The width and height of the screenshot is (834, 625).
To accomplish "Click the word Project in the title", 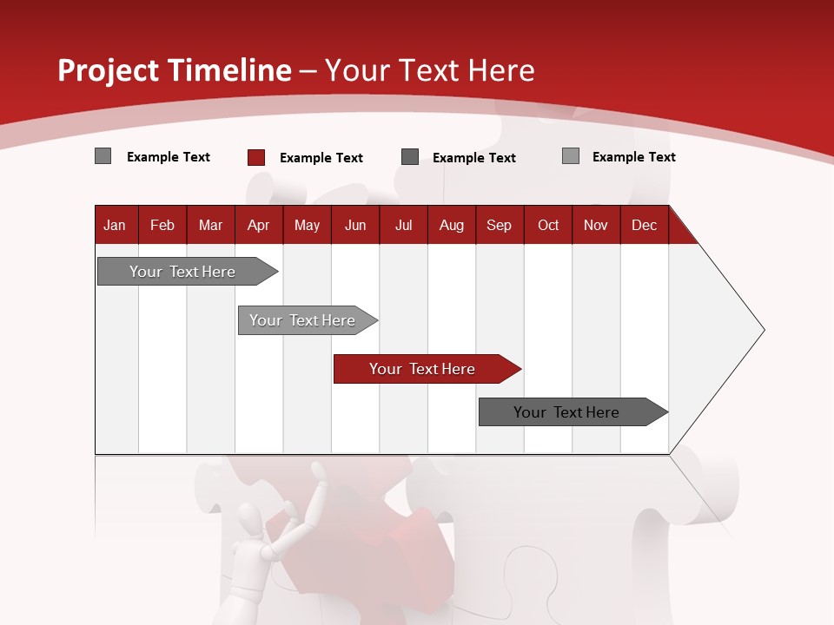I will point(108,70).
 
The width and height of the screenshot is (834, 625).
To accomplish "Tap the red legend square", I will point(255,157).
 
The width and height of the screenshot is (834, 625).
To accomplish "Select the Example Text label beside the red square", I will point(321,158).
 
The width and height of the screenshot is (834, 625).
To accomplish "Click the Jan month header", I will point(115,225).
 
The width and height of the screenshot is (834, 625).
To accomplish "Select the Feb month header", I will point(162,225).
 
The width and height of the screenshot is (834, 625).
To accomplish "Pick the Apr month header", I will point(258,225).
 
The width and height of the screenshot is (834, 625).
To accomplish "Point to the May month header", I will point(307,225).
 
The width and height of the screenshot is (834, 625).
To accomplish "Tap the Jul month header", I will point(403,225).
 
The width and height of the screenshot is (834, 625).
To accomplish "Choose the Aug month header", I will point(452,225).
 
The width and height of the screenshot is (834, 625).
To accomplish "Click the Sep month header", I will point(499,225).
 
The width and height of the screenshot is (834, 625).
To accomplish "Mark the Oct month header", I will point(548,225).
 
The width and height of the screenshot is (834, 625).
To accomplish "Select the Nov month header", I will point(596,225).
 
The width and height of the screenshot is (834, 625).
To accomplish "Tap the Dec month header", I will point(644,225).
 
